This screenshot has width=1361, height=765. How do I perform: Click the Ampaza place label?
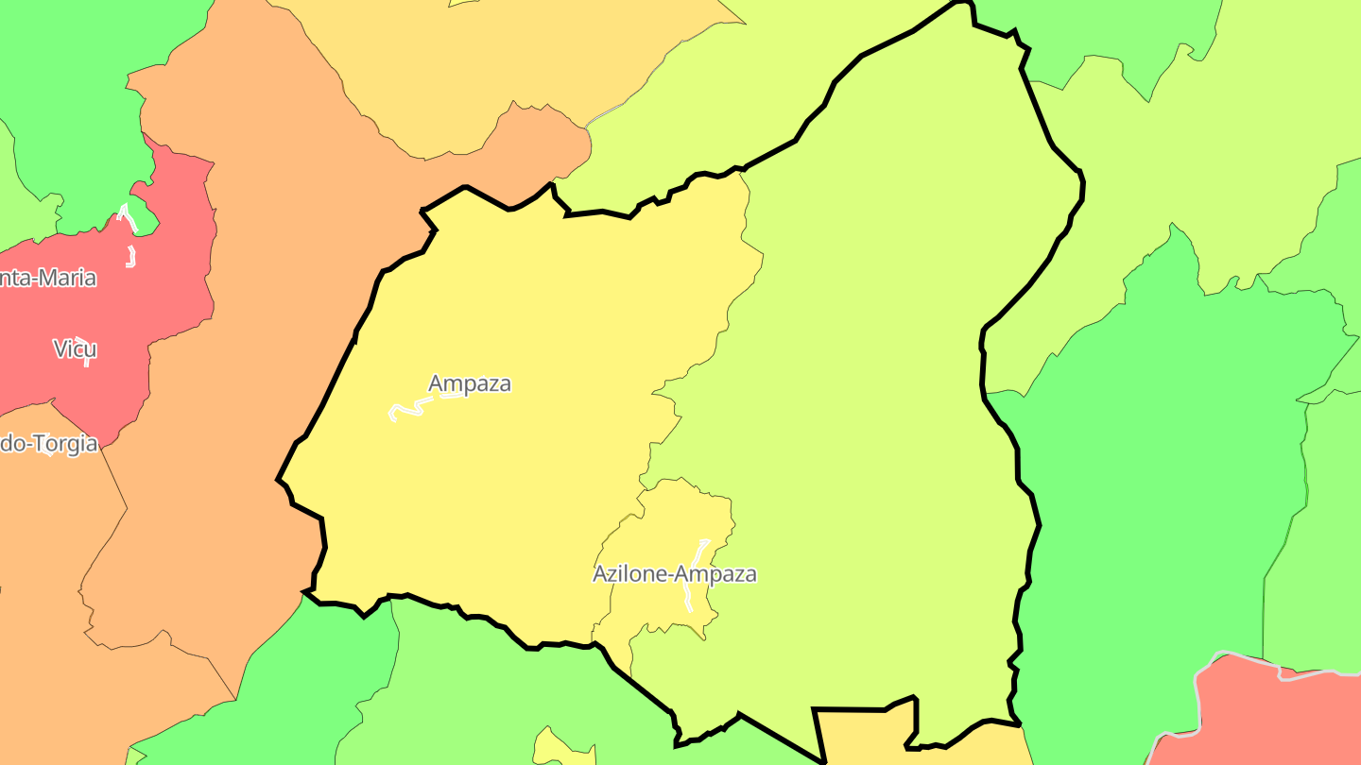[x=470, y=383]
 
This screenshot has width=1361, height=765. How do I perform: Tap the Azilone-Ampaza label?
[x=674, y=574]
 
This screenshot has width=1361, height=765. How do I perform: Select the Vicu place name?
[x=75, y=349]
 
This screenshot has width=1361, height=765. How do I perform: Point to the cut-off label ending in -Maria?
[x=48, y=278]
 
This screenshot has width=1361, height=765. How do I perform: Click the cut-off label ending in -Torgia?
[x=49, y=443]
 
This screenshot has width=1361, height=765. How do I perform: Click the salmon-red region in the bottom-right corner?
[x=1266, y=718]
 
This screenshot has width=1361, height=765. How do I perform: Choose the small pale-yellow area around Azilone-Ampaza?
[x=662, y=529]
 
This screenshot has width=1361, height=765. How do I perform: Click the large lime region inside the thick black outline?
[x=870, y=378]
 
